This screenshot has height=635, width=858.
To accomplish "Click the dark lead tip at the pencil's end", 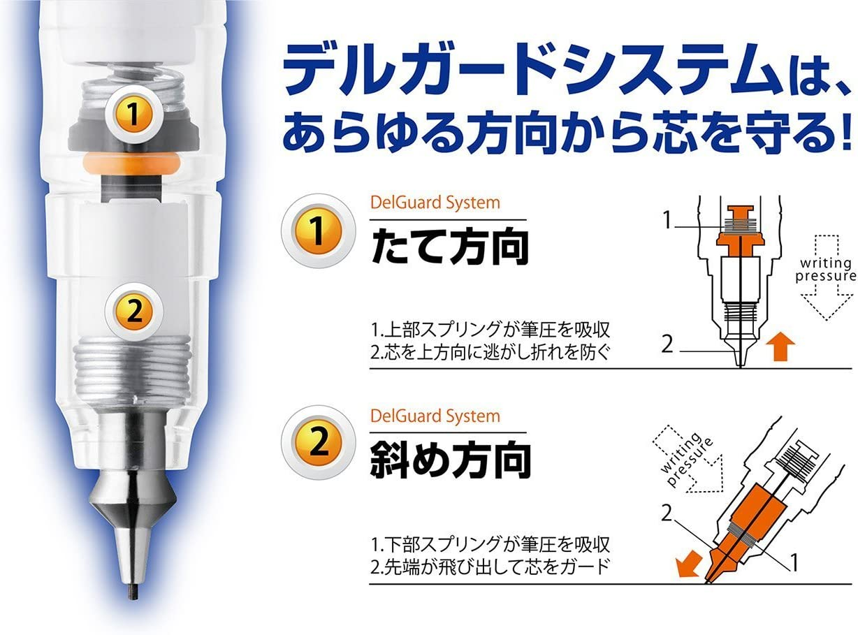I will pyautogui.click(x=131, y=592).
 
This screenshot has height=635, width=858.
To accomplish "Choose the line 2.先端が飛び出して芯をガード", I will pyautogui.click(x=487, y=564).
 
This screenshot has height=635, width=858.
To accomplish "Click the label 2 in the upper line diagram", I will pyautogui.click(x=669, y=344).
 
